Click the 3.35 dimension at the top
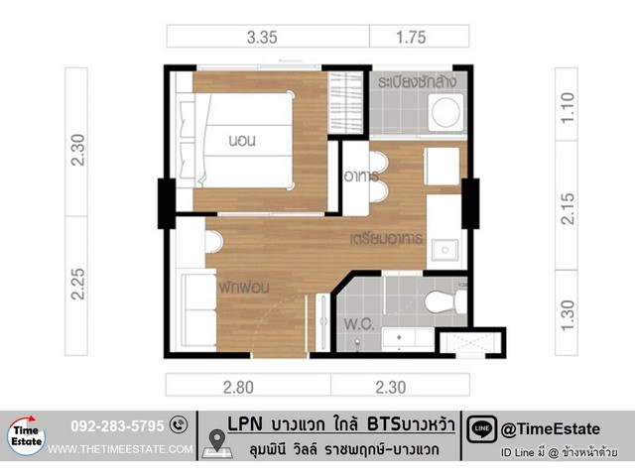[262, 38]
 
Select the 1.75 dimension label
[411, 38]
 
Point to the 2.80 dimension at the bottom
[238, 388]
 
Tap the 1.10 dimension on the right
[567, 108]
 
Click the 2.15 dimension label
[567, 209]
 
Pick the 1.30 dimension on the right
[567, 315]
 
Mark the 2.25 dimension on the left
[77, 284]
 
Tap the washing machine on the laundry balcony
[445, 112]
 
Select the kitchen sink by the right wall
[444, 250]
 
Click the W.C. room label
[359, 324]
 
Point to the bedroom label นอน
[242, 141]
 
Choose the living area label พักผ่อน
[244, 288]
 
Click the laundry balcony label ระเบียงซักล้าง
[417, 81]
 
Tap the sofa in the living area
[198, 309]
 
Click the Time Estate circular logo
[27, 436]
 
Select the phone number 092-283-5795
[117, 425]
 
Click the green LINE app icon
[481, 429]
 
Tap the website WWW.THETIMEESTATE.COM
[120, 449]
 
